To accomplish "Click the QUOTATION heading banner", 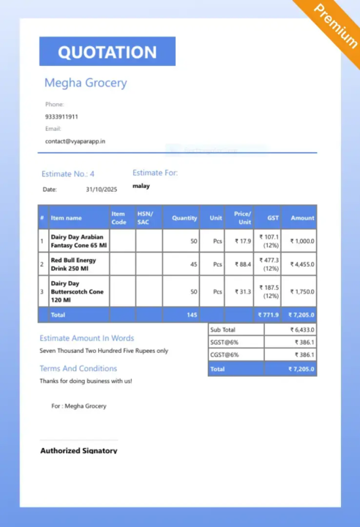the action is point(107,52).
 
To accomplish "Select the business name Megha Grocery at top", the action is point(86,83).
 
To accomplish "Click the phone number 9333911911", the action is point(61,116).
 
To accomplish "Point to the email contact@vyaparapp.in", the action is point(75,141).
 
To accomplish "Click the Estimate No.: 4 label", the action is point(68,174).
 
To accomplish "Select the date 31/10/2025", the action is point(101,190).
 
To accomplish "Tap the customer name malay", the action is point(141,186).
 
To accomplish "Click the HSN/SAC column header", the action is point(143,218).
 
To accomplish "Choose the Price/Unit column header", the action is point(242,218).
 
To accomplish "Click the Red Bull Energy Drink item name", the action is point(73,263).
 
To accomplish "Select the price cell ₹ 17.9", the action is point(242,241).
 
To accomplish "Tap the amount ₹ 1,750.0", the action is point(301,291).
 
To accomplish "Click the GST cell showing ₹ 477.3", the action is point(270,263).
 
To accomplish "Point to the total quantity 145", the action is point(192,315).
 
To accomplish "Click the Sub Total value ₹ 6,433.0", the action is point(300,330).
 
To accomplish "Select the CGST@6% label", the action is point(224,355).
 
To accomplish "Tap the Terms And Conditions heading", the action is point(78,368).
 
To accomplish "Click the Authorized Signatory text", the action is point(78,450).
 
